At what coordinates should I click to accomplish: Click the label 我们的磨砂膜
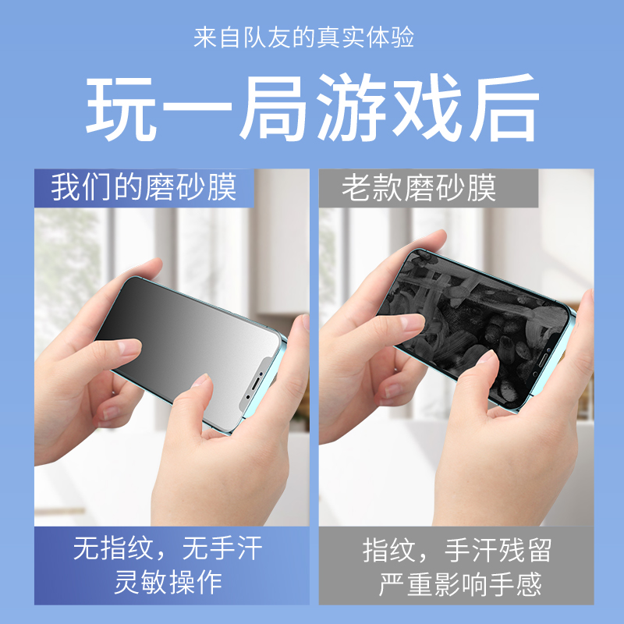point(144,188)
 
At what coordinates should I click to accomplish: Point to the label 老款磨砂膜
point(419,188)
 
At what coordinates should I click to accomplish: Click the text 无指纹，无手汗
point(168,550)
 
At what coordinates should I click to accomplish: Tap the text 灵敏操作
point(168,582)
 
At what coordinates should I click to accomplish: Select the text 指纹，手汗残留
point(457,550)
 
